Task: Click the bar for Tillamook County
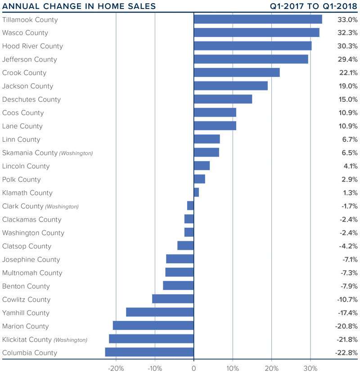(258, 19)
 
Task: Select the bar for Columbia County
(149, 352)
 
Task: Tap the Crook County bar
(237, 72)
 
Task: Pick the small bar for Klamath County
(196, 193)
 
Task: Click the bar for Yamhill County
(160, 312)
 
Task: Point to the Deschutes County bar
(223, 99)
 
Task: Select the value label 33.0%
(347, 20)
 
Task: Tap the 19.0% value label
(348, 86)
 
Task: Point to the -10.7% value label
(346, 299)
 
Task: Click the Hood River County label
(32, 46)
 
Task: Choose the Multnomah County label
(32, 273)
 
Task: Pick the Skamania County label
(30, 153)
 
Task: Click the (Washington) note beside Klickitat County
(70, 340)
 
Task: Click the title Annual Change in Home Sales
(79, 6)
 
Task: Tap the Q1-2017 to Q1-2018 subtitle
(314, 6)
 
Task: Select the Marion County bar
(153, 326)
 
